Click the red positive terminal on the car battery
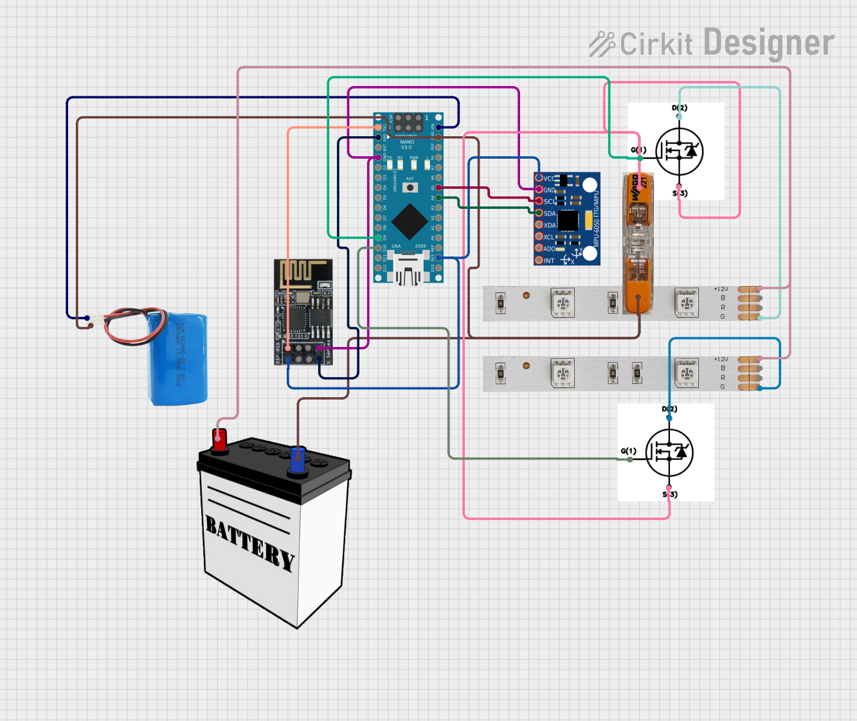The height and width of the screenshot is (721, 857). (219, 440)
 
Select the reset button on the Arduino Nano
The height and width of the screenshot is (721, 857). (410, 188)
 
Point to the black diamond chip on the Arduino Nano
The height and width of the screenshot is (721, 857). (409, 221)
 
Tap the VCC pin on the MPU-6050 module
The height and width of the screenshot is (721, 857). (539, 178)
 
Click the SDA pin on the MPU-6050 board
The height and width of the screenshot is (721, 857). (539, 213)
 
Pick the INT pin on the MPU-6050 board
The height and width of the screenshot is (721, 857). (539, 260)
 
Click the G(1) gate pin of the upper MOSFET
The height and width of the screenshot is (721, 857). (639, 157)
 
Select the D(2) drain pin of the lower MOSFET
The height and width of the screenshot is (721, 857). (669, 417)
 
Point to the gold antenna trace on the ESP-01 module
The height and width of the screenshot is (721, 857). (302, 271)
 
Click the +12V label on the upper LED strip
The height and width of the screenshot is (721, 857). (721, 289)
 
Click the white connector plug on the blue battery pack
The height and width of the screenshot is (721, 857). (96, 319)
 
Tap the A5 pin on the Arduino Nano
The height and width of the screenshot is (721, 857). (438, 188)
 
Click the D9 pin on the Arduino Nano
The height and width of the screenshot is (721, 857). (378, 237)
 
